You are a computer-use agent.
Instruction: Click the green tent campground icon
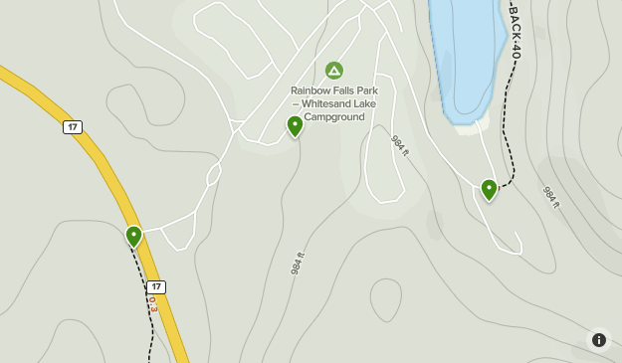[x=334, y=70]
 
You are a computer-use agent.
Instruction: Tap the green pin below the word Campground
[x=295, y=126]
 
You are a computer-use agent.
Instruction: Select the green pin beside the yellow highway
[x=134, y=236]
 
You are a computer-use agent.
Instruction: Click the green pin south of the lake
[x=489, y=189]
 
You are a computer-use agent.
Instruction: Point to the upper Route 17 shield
[x=72, y=127]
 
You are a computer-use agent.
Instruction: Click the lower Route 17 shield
[x=156, y=286]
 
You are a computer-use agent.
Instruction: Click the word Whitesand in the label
[x=330, y=103]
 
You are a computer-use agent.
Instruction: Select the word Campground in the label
[x=334, y=116]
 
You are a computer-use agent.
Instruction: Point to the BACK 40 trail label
[x=515, y=30]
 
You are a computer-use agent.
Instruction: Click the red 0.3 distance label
[x=153, y=303]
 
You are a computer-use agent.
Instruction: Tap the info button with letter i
[x=599, y=340]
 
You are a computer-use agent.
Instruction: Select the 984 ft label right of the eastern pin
[x=550, y=197]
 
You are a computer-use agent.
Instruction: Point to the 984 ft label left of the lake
[x=399, y=146]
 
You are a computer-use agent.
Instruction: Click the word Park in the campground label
[x=373, y=90]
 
